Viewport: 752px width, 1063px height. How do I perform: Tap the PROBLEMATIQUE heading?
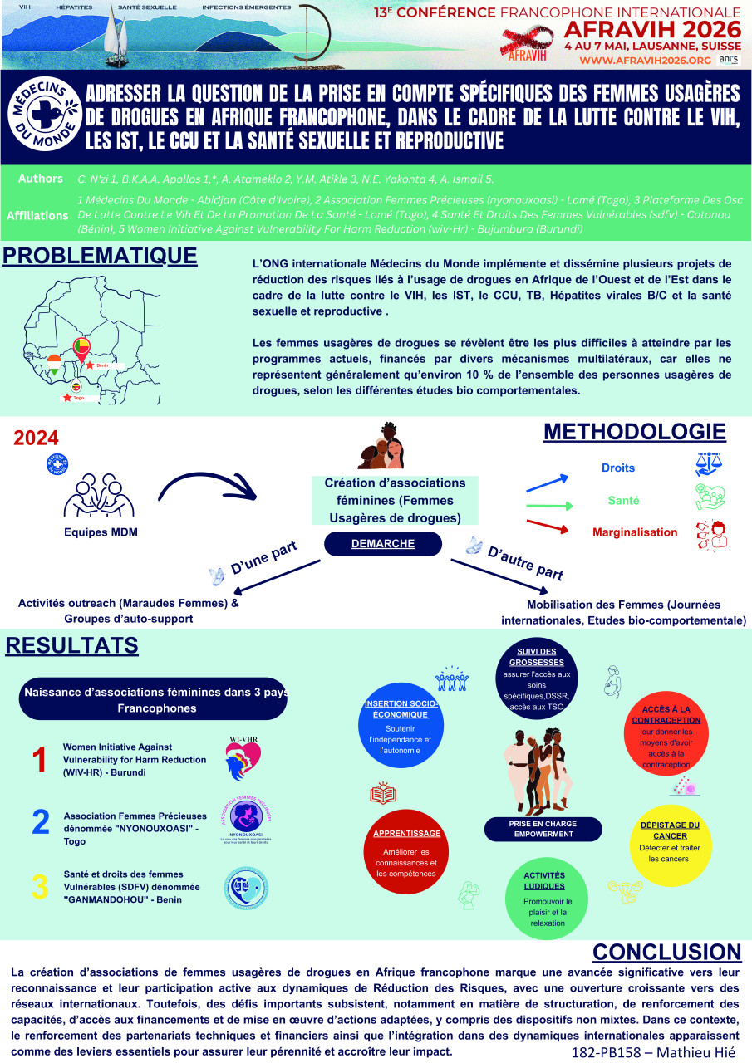point(100,256)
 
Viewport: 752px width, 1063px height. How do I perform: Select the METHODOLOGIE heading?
point(635,433)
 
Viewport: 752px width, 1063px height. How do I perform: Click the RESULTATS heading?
point(70,644)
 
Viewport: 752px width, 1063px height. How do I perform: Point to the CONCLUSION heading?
point(666,952)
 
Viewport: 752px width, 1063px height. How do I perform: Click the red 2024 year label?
point(37,438)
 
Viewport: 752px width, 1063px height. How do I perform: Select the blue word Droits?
point(618,468)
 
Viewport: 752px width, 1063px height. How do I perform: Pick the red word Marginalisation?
point(635,532)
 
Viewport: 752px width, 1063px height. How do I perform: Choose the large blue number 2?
point(40,822)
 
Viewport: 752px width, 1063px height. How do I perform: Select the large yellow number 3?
point(39,886)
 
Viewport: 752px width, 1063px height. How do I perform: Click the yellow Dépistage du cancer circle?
point(670,841)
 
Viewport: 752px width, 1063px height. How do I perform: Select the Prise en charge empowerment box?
point(543,828)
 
